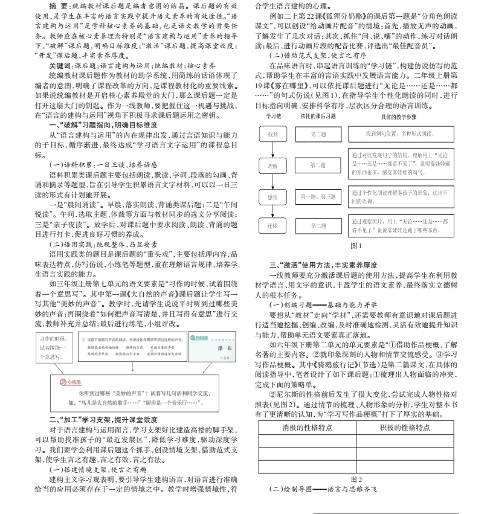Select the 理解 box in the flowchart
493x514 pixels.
[x=272, y=164]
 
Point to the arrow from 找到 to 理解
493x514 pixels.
[x=272, y=149]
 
